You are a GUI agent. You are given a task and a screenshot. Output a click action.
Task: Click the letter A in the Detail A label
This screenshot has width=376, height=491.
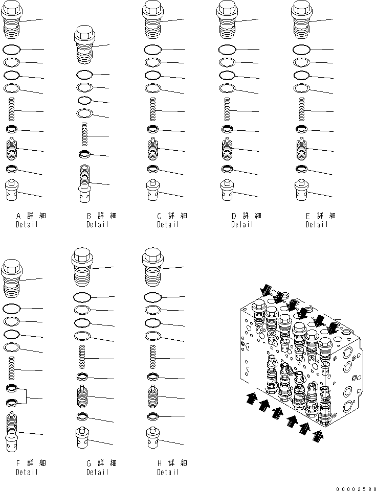point(18,216)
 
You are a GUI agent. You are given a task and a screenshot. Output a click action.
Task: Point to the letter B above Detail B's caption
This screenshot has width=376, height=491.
point(89,216)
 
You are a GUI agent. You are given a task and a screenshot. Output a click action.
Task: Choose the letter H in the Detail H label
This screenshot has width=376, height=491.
point(160,463)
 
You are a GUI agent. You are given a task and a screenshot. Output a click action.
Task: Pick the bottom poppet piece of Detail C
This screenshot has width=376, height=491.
point(152,191)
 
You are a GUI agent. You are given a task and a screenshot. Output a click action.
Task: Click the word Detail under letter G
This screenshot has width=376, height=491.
point(97,472)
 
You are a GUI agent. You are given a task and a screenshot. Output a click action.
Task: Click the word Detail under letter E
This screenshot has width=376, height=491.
point(317,225)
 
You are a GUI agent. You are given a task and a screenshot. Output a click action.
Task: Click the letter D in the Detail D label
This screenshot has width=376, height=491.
point(234,216)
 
